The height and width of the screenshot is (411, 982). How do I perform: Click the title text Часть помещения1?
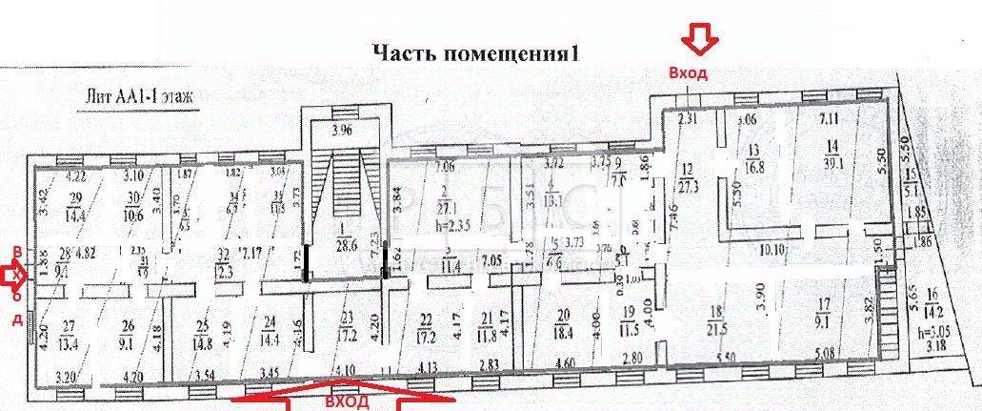point(475,52)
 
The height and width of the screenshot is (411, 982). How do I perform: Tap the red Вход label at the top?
point(688,74)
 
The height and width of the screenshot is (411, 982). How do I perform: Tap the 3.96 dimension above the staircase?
point(341,132)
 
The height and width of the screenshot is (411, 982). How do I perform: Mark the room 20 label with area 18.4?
point(563,322)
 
